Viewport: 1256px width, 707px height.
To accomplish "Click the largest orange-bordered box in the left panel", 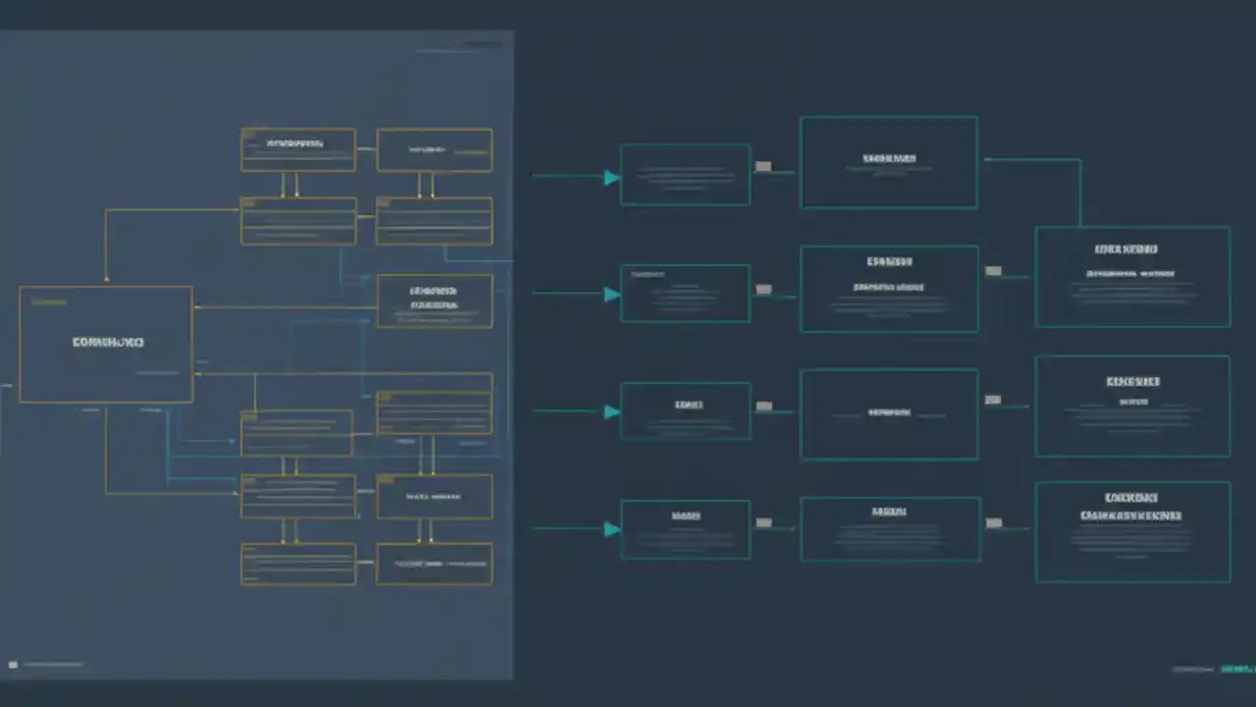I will (106, 344).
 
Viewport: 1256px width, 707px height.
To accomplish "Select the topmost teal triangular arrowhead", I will (611, 178).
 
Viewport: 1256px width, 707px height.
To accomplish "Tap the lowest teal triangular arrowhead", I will (611, 529).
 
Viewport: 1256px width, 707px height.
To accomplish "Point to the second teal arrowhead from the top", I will (611, 294).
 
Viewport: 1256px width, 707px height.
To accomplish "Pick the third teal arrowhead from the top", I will (611, 411).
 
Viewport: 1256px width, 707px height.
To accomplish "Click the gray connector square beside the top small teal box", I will (763, 167).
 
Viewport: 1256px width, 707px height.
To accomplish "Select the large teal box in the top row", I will (889, 163).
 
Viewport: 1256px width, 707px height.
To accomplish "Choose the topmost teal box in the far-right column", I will (1132, 277).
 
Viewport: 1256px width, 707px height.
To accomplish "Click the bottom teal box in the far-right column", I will (1132, 531).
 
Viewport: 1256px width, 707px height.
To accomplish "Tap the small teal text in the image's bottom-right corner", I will (1236, 669).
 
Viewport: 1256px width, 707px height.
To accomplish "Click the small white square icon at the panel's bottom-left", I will (13, 665).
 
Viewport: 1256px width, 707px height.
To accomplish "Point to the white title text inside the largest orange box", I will (108, 342).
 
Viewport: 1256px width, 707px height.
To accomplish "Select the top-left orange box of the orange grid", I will (298, 149).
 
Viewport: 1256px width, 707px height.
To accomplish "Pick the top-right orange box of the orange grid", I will (435, 150).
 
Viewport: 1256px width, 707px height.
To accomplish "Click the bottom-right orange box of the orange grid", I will (435, 564).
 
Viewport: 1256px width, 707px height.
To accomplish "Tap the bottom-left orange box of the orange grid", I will (298, 564).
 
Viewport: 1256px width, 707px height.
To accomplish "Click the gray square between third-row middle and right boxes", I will (993, 400).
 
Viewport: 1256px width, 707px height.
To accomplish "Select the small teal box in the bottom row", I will (686, 529).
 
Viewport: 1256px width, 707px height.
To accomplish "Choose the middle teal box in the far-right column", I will (1132, 406).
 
